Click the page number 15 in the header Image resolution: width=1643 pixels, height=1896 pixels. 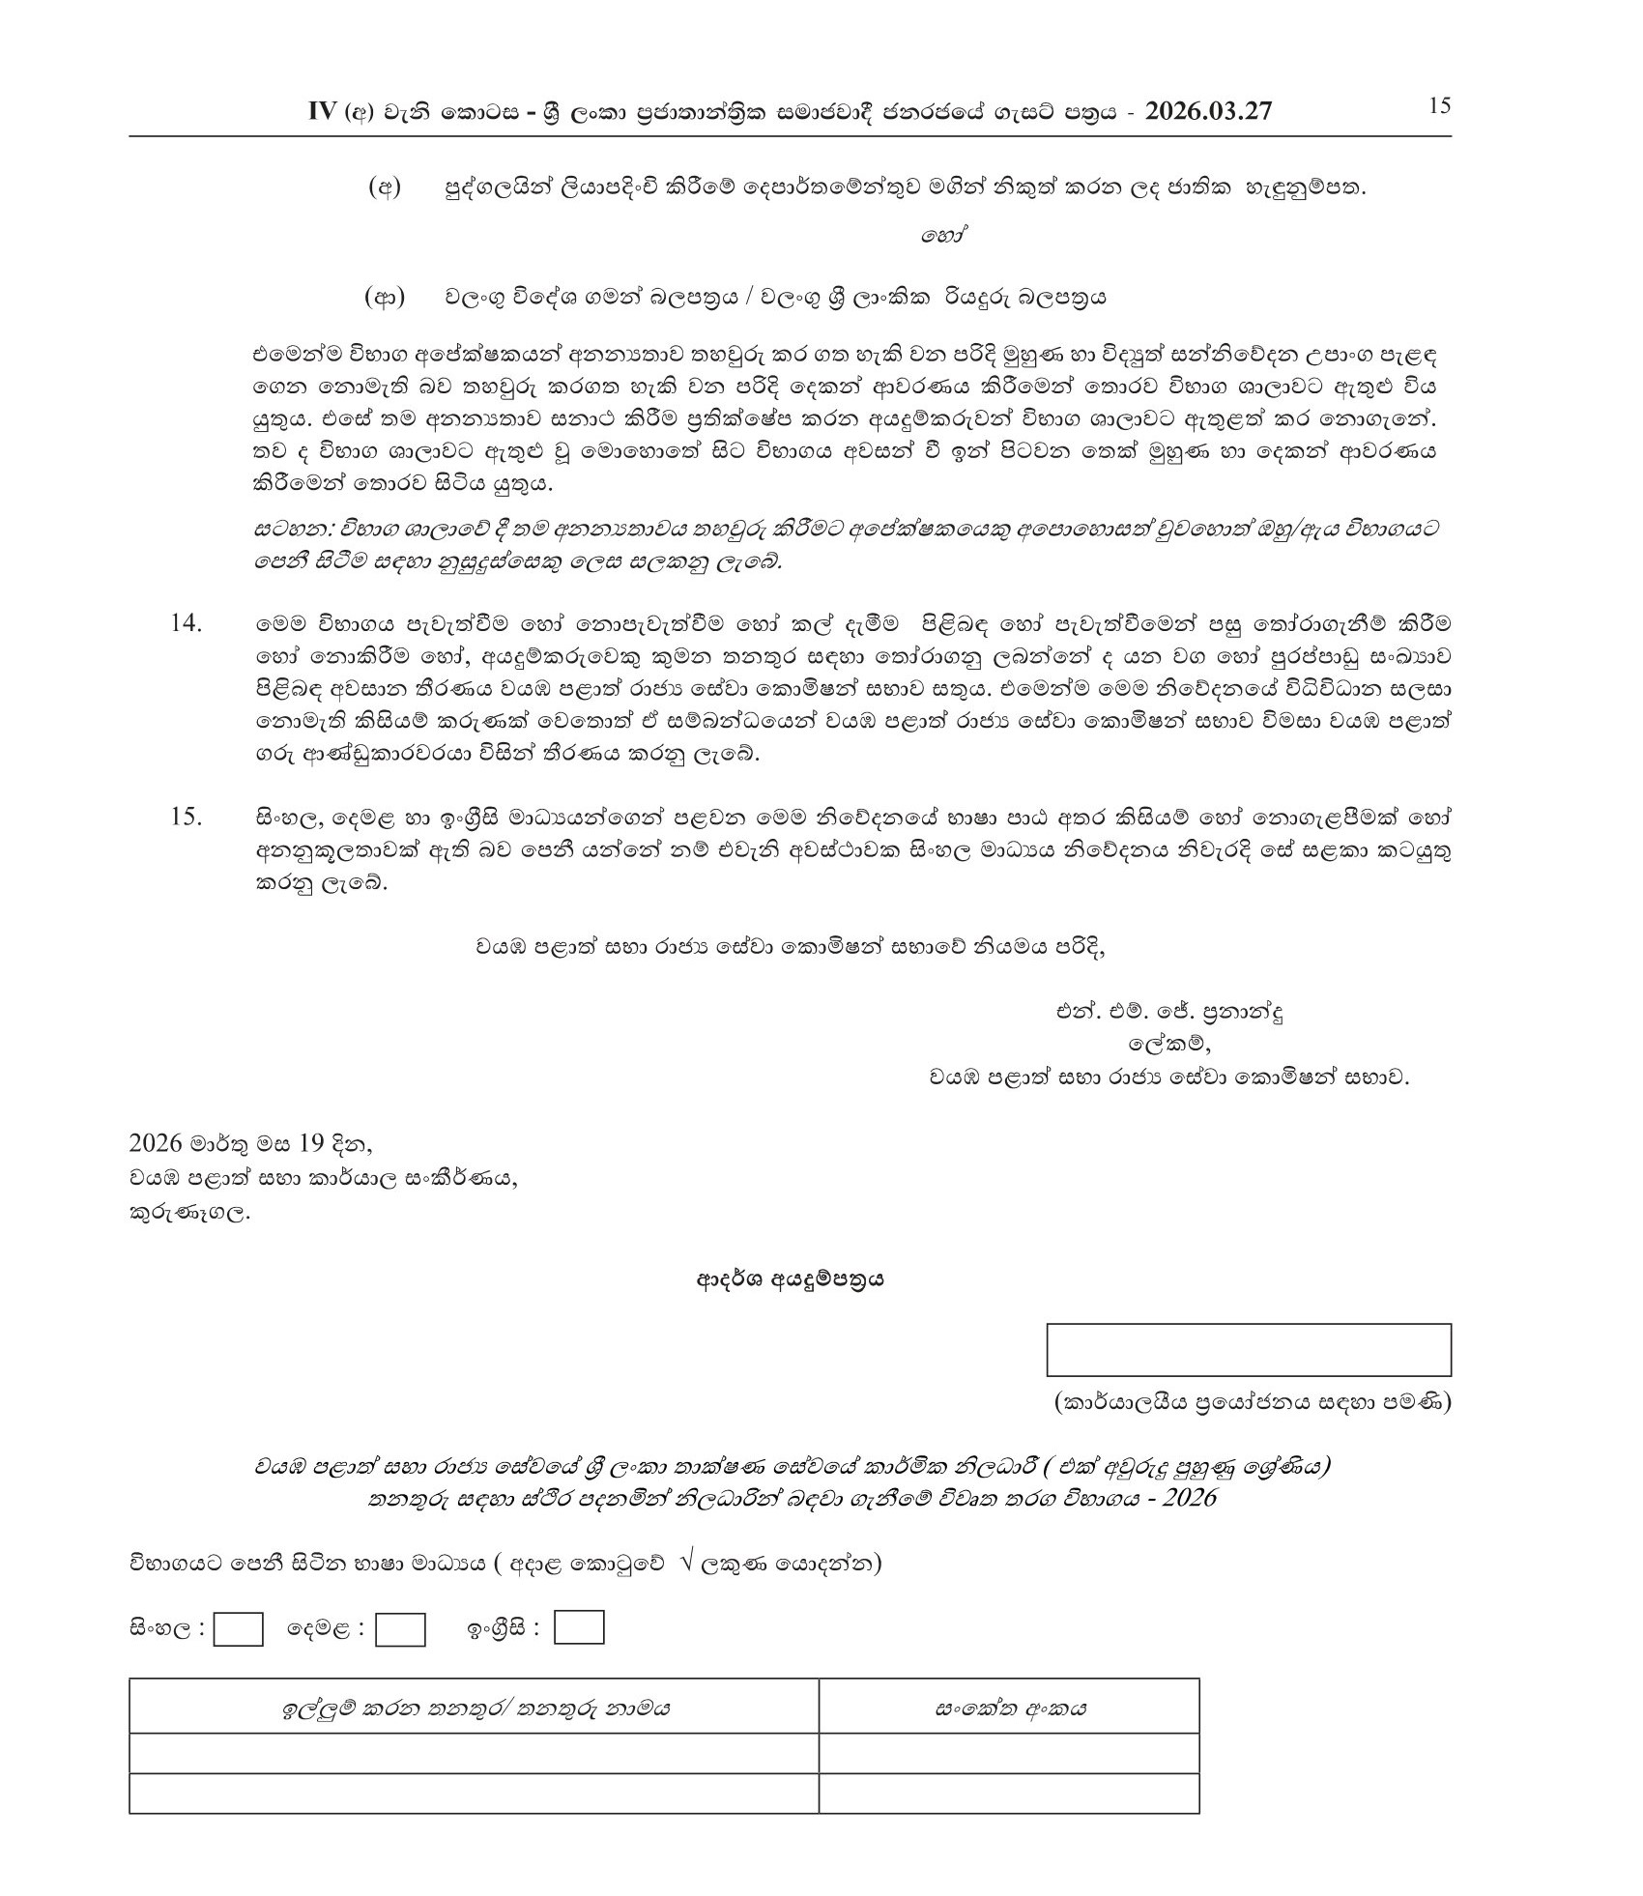pyautogui.click(x=1439, y=106)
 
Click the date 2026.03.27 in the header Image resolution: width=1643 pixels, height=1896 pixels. pyautogui.click(x=1208, y=112)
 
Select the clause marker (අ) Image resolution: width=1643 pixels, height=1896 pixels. pyautogui.click(x=384, y=188)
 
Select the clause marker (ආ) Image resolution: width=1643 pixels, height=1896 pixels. pyautogui.click(x=385, y=297)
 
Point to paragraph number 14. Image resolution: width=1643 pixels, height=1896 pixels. pyautogui.click(x=186, y=623)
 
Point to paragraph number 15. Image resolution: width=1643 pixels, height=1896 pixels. pyautogui.click(x=186, y=817)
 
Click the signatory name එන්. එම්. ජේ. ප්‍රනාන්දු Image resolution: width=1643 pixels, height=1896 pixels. pyautogui.click(x=1169, y=1013)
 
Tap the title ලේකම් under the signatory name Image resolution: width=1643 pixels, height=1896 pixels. pyautogui.click(x=1169, y=1044)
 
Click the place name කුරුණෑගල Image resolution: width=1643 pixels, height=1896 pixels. pyautogui.click(x=189, y=1213)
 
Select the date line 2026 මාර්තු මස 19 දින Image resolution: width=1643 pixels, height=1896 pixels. pyautogui.click(x=250, y=1143)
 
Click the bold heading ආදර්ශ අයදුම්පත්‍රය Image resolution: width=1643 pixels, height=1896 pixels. pyautogui.click(x=791, y=1280)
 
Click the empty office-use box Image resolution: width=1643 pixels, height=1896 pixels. pyautogui.click(x=1249, y=1350)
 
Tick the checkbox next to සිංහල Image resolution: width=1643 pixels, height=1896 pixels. pyautogui.click(x=238, y=1630)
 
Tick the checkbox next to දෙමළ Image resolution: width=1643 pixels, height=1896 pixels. pyautogui.click(x=400, y=1630)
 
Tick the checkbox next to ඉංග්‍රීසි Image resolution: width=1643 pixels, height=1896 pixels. pyautogui.click(x=579, y=1628)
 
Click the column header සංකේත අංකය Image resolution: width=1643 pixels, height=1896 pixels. pyautogui.click(x=1009, y=1709)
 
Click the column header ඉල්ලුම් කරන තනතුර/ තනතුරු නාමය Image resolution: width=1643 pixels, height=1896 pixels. pyautogui.click(x=475, y=1709)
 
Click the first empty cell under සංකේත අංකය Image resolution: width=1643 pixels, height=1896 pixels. pyautogui.click(x=1009, y=1754)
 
